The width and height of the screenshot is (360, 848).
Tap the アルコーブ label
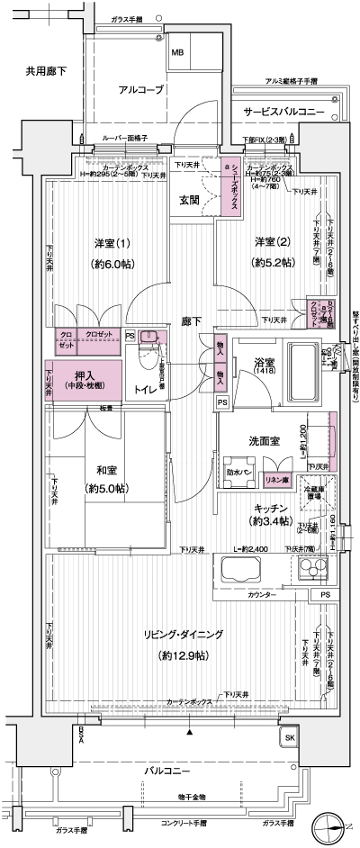coord(139,89)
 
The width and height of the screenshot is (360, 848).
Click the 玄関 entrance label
coord(189,199)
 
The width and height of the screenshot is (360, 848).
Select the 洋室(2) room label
coord(272,242)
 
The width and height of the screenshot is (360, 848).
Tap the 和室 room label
coord(108,470)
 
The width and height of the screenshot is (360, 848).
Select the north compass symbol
coord(329,821)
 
